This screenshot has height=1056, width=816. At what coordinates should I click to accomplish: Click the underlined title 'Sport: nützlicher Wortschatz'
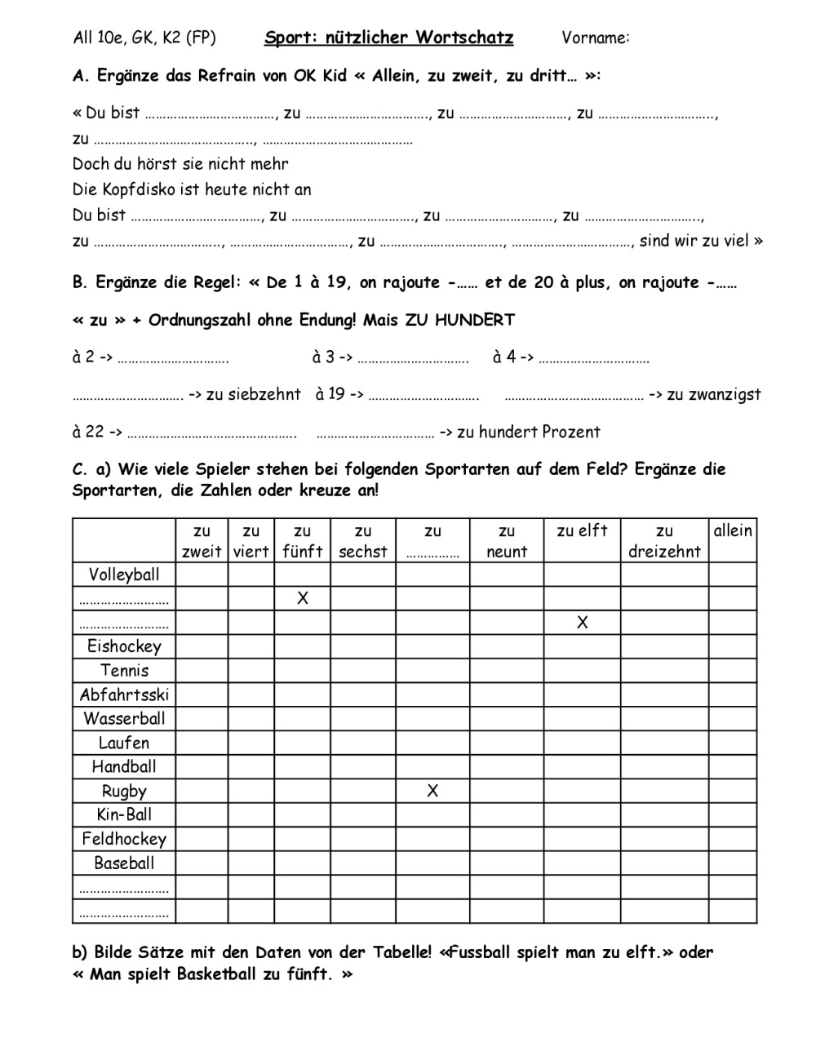pyautogui.click(x=388, y=38)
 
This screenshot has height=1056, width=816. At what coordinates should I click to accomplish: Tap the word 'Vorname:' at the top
pyautogui.click(x=596, y=38)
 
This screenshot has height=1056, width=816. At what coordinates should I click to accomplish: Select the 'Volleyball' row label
pyautogui.click(x=124, y=575)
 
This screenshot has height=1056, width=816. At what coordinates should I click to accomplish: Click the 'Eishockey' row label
pyautogui.click(x=124, y=646)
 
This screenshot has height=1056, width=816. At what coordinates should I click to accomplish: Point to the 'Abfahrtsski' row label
pyautogui.click(x=124, y=694)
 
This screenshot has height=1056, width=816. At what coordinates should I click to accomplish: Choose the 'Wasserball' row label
pyautogui.click(x=124, y=719)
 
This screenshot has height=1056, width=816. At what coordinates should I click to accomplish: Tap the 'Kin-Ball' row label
pyautogui.click(x=124, y=814)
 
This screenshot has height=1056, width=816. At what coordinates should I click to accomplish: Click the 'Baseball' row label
pyautogui.click(x=124, y=863)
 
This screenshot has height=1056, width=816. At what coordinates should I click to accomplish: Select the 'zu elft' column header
pyautogui.click(x=582, y=531)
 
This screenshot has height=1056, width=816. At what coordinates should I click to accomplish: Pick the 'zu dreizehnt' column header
pyautogui.click(x=664, y=541)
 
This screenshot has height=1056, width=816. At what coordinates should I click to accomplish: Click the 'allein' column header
pyautogui.click(x=733, y=531)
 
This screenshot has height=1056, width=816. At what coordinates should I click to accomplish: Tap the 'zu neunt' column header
pyautogui.click(x=507, y=541)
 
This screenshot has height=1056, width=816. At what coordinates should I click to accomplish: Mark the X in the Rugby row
pyautogui.click(x=432, y=791)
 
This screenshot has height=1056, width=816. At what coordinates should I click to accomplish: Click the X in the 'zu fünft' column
pyautogui.click(x=303, y=598)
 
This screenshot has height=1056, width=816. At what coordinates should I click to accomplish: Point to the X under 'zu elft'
pyautogui.click(x=582, y=623)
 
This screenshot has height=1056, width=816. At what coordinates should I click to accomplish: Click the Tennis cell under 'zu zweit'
pyautogui.click(x=202, y=671)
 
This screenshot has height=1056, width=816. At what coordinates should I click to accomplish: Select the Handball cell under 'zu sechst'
pyautogui.click(x=363, y=767)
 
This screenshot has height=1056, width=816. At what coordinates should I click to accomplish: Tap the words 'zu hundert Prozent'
pyautogui.click(x=529, y=433)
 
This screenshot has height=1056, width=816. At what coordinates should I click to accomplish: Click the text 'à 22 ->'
pyautogui.click(x=97, y=433)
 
